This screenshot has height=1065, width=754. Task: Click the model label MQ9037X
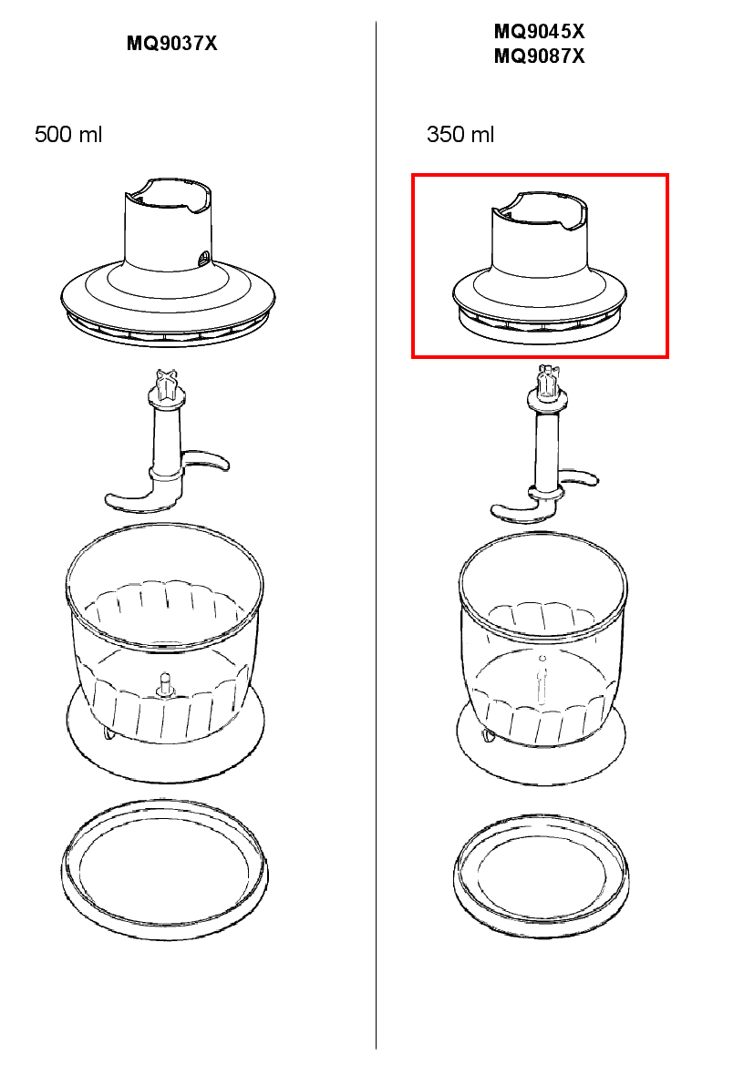click(172, 44)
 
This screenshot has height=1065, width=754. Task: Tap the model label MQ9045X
click(539, 31)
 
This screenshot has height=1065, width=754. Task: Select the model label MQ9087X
click(539, 56)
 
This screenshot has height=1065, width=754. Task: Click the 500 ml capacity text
click(68, 134)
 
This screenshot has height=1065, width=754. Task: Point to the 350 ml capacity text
click(460, 134)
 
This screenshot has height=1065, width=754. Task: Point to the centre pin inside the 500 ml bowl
click(164, 685)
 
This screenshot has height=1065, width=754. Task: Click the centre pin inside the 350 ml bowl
click(542, 680)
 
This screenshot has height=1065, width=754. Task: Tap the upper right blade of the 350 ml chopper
click(578, 476)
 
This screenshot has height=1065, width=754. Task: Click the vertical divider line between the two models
click(376, 535)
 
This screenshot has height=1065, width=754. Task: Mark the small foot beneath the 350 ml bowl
click(488, 735)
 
